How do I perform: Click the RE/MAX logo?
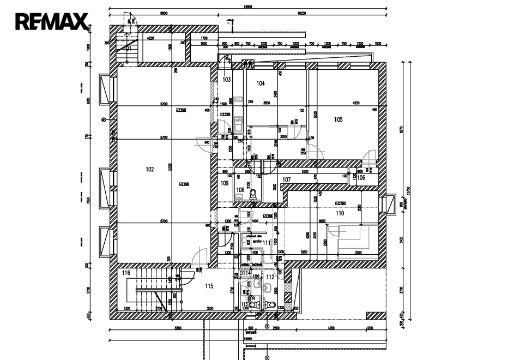[51, 21]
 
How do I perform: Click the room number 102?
[150, 170]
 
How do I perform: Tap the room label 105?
[338, 119]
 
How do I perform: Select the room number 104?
[261, 83]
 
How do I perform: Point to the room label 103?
[227, 80]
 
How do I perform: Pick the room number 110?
[340, 213]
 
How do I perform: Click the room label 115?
[209, 286]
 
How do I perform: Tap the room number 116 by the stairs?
[126, 273]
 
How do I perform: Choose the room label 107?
[287, 179]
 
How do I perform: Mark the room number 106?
[361, 177]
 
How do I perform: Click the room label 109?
[225, 184]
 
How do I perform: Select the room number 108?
[240, 190]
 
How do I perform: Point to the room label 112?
[270, 277]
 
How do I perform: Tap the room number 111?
[267, 242]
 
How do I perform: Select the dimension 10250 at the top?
[301, 13]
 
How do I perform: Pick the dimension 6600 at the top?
[163, 13]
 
